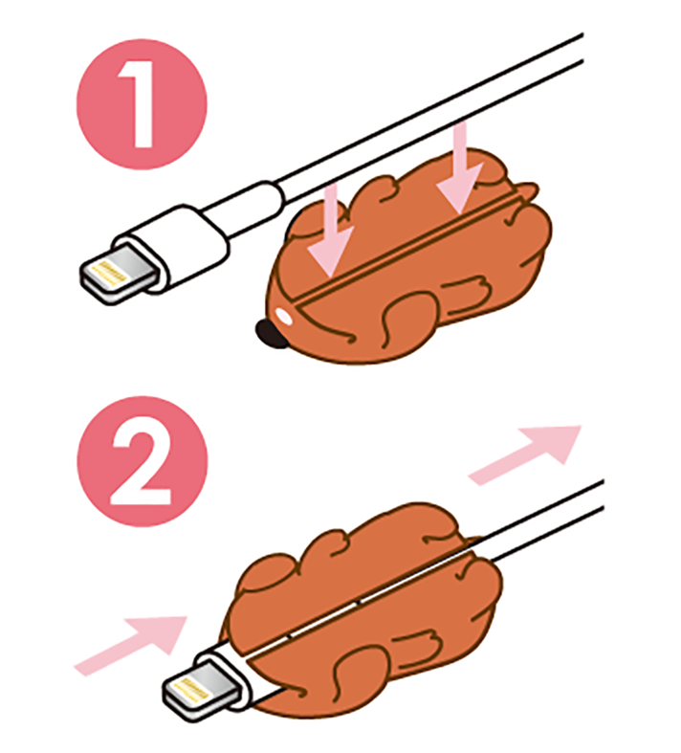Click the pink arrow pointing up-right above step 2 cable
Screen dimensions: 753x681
pos(528,454)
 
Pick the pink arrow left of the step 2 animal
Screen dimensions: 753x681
pos(131,642)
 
